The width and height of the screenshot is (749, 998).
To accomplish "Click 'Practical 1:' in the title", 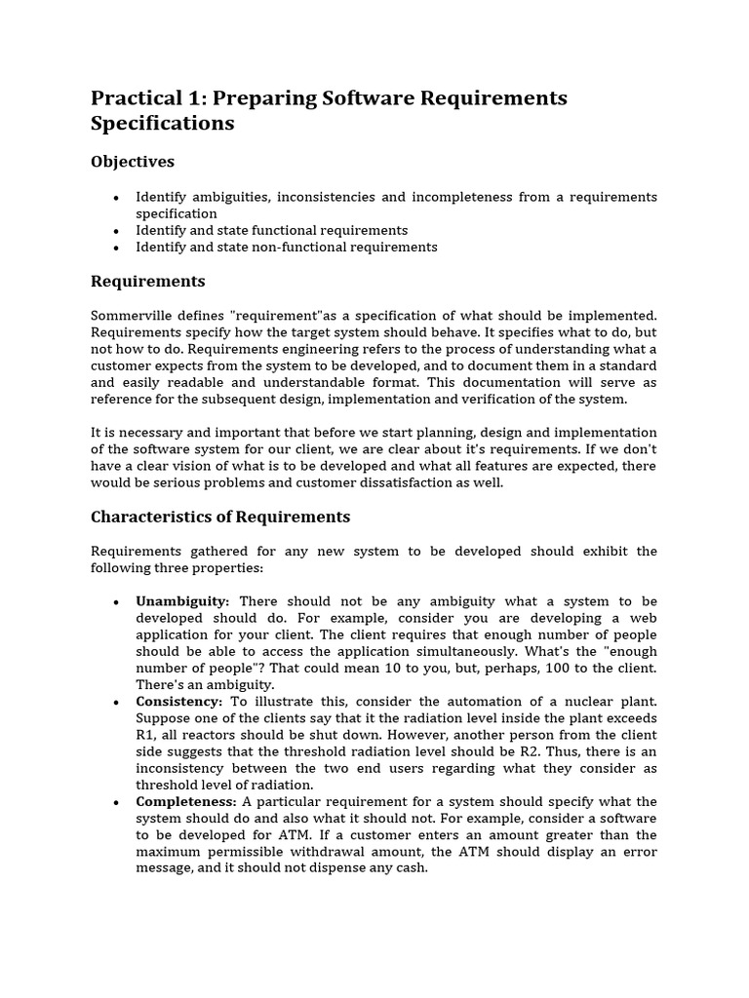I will [x=148, y=98].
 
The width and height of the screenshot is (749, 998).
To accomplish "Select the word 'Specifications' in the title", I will [x=162, y=124].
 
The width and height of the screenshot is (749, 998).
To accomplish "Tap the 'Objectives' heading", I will [x=132, y=161].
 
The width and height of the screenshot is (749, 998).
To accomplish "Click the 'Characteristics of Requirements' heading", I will [x=219, y=517].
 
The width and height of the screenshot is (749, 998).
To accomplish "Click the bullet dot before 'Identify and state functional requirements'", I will [x=116, y=231].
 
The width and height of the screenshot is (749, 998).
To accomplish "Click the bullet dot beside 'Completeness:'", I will [x=116, y=801].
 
